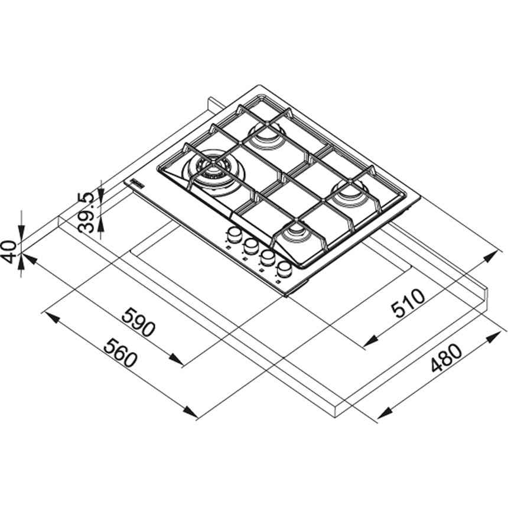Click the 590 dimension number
(x=138, y=323)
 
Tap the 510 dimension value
(x=408, y=303)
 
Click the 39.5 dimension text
(x=86, y=213)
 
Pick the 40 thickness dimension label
(x=9, y=252)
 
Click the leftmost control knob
(x=233, y=236)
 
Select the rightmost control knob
(x=284, y=269)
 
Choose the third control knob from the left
(x=267, y=258)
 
